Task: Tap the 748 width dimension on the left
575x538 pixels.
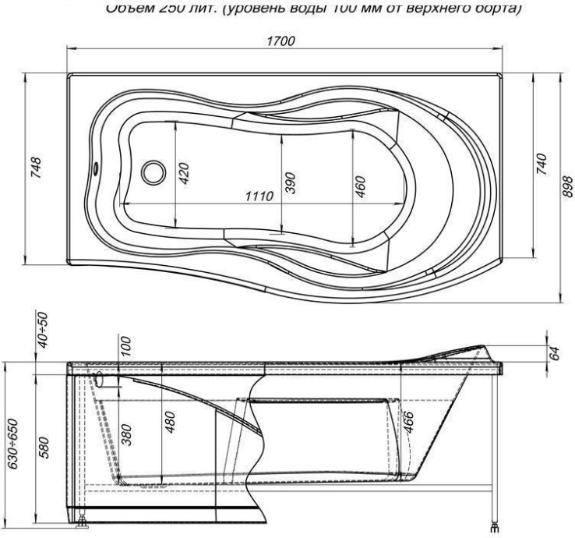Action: (37, 168)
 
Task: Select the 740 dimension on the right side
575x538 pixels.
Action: (543, 165)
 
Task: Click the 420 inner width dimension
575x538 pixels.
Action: (185, 172)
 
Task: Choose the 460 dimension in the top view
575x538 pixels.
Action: (361, 187)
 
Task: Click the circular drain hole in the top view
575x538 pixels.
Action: (153, 172)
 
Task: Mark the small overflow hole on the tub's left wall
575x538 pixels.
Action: (97, 166)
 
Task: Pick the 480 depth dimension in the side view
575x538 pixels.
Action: (170, 422)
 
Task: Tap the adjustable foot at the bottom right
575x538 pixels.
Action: (494, 526)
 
